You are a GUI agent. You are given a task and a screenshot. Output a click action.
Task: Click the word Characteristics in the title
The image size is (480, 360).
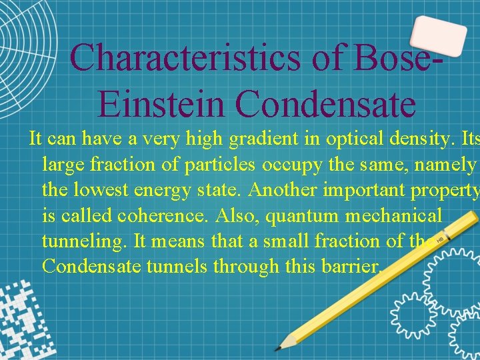pos(185,57)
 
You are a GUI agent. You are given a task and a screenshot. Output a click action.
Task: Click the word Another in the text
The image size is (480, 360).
pos(283,189)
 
